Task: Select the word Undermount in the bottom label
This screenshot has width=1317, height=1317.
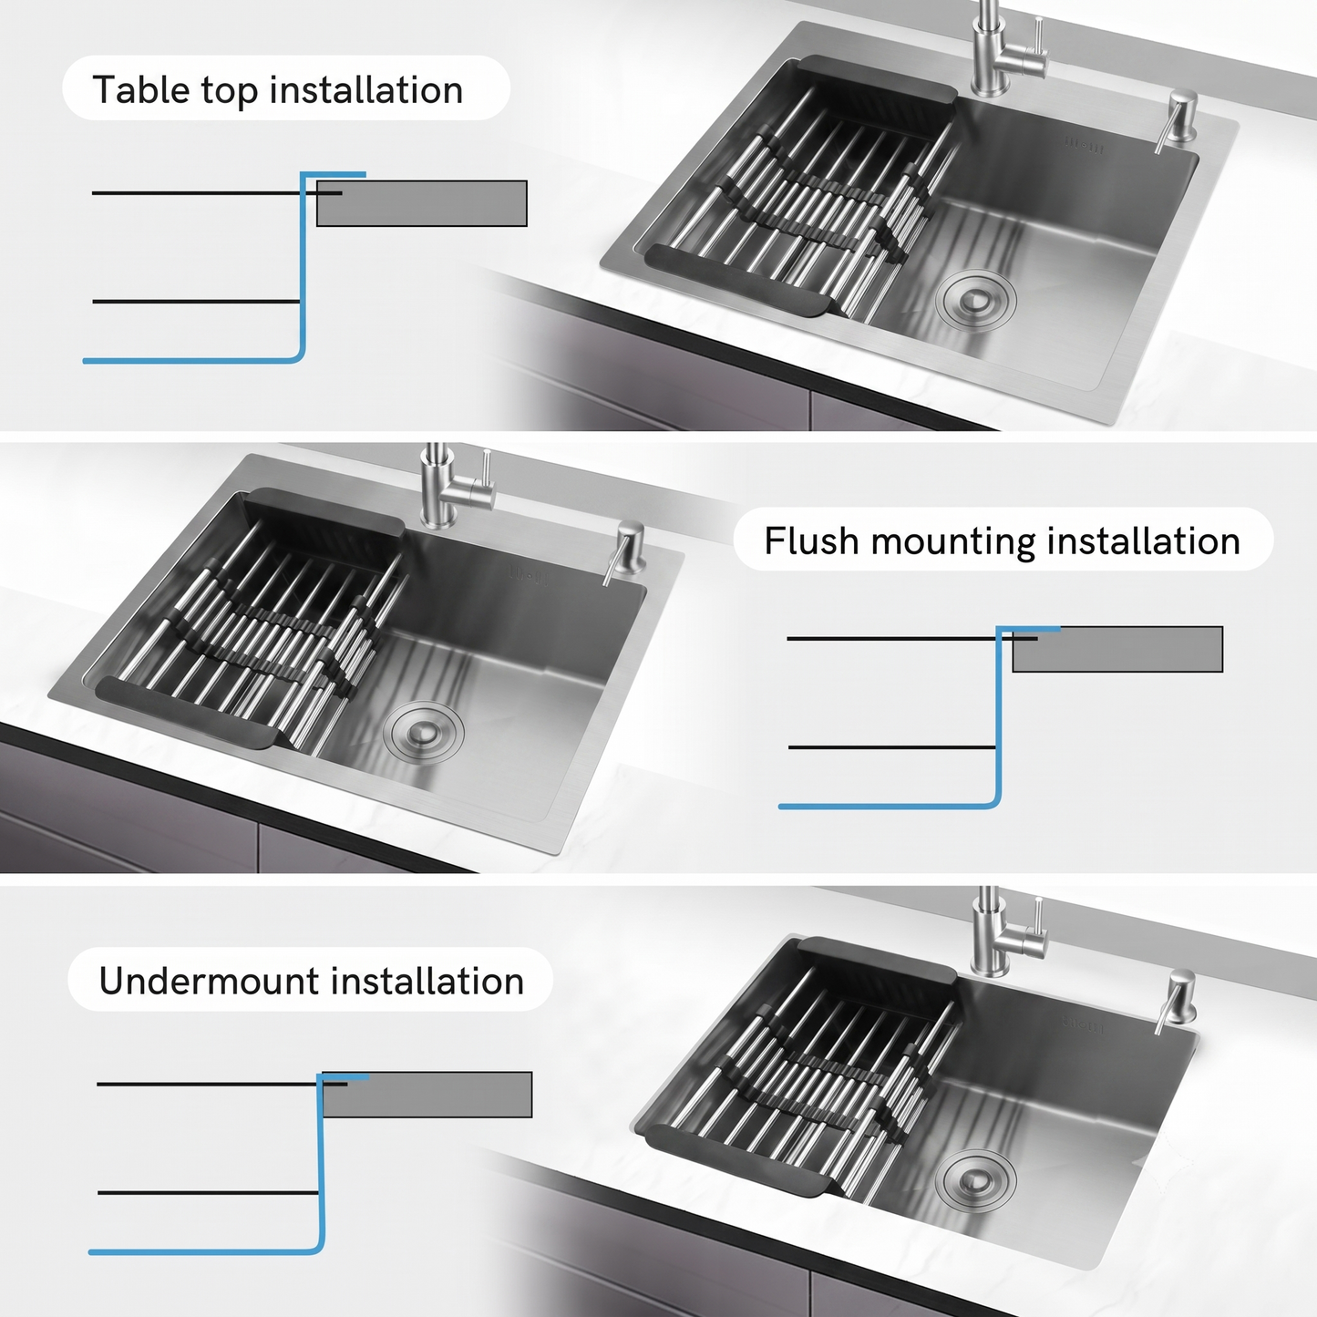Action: click(x=209, y=981)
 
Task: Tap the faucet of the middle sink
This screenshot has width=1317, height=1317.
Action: click(x=455, y=487)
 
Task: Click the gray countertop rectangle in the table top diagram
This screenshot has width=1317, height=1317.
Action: click(x=422, y=203)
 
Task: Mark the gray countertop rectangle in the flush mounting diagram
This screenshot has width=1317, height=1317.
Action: click(x=1117, y=649)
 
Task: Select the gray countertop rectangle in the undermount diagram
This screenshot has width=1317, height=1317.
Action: click(x=427, y=1095)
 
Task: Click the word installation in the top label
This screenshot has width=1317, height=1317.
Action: click(x=367, y=89)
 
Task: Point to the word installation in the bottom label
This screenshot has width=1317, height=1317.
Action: click(x=427, y=981)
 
